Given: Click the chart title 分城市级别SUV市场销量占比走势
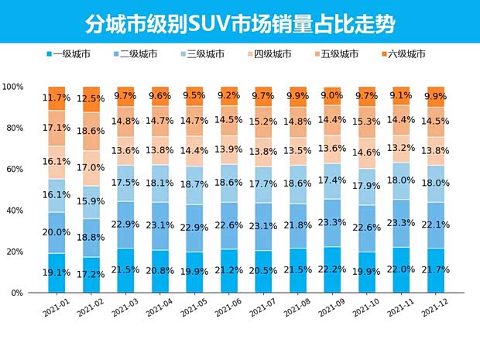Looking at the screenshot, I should point(240,23).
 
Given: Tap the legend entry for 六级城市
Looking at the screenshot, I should point(407,54).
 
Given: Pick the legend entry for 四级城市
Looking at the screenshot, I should point(271,54).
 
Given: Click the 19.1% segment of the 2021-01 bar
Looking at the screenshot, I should point(57,273).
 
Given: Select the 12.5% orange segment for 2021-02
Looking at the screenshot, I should point(92,99).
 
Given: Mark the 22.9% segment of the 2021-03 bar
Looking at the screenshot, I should point(126,225).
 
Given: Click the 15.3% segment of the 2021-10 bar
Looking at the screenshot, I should point(367,122).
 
